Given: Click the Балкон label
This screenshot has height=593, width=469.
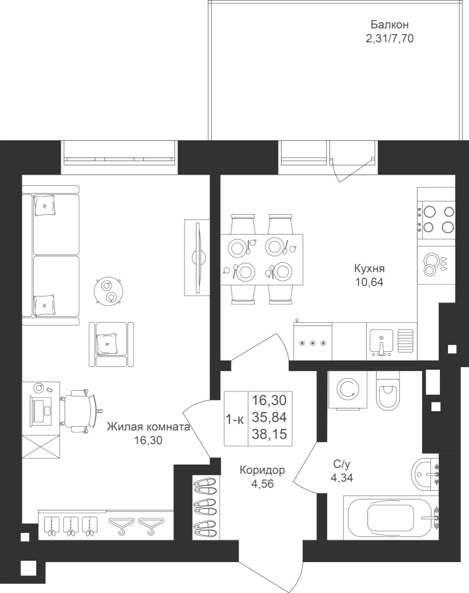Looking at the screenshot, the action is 389,25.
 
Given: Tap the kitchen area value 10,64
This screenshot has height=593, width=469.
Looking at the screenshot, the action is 369,282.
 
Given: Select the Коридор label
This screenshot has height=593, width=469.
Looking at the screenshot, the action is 263,470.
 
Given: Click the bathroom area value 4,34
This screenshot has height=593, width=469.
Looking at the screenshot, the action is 342,478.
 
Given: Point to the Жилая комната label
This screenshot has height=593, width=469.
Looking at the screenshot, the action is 148,428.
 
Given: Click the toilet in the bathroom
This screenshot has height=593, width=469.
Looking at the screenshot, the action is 388,390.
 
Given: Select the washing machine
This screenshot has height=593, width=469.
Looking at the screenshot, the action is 348,390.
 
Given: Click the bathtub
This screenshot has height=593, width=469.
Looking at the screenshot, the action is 392,518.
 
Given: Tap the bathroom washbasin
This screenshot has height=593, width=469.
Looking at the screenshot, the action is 426,472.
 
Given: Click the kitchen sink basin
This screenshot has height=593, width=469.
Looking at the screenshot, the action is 382,342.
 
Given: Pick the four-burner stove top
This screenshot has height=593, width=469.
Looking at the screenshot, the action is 437,219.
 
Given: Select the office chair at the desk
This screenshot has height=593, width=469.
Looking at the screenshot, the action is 80,410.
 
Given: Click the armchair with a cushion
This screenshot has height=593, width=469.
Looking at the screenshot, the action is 111,345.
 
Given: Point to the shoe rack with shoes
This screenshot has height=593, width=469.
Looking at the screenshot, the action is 206,507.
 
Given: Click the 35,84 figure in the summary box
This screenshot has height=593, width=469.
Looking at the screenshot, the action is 270,417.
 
